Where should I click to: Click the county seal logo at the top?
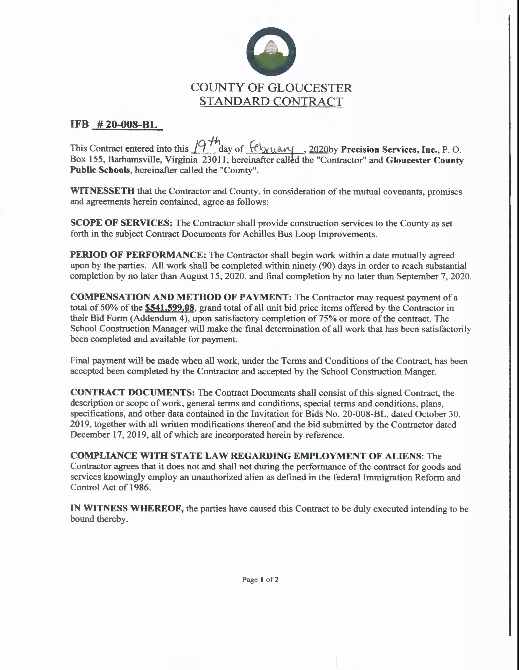(271, 51)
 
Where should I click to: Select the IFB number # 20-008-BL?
(127, 124)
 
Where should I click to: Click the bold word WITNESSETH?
(102, 191)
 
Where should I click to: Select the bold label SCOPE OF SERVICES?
(121, 223)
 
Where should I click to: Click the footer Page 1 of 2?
(260, 580)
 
